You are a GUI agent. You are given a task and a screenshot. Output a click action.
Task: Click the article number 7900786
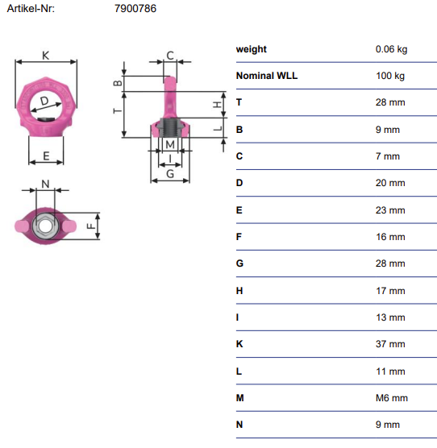click(x=135, y=9)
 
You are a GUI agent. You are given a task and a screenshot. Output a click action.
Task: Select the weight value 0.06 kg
click(x=391, y=49)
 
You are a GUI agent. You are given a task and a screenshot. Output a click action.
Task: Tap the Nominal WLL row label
click(x=267, y=76)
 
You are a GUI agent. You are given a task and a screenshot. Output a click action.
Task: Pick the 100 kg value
click(x=390, y=76)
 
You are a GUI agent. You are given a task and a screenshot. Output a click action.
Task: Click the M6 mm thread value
click(x=392, y=398)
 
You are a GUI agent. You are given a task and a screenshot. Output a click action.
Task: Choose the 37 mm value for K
click(x=390, y=344)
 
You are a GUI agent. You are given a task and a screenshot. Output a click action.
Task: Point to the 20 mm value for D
click(x=390, y=183)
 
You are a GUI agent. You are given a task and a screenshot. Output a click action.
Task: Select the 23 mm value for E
click(x=390, y=210)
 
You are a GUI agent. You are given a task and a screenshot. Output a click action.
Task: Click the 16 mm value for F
click(x=390, y=237)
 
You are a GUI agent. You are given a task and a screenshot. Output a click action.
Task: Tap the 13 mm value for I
click(x=390, y=317)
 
